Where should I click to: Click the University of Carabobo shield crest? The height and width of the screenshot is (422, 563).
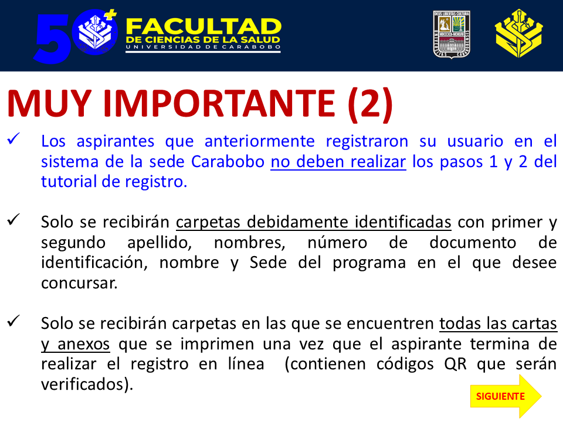click(x=452, y=34)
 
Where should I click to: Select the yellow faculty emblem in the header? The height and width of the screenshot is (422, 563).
click(x=518, y=34)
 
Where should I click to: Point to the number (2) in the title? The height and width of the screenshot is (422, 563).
click(x=370, y=104)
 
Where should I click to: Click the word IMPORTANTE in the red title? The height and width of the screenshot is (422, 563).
click(x=219, y=104)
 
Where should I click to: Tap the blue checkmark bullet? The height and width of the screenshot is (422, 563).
click(x=14, y=138)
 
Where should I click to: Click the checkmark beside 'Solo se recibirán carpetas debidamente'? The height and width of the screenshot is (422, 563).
click(x=14, y=219)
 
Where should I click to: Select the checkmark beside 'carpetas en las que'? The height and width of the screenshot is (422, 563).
click(x=14, y=321)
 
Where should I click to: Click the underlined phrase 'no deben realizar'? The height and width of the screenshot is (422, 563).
click(x=338, y=162)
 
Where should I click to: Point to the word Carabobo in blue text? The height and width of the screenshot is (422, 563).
click(x=228, y=162)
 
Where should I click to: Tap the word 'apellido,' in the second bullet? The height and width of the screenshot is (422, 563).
click(x=160, y=243)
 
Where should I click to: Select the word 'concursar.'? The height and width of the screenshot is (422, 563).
click(x=79, y=283)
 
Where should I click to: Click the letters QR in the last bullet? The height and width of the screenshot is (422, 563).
click(x=456, y=364)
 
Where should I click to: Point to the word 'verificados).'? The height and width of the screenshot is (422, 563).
click(x=87, y=384)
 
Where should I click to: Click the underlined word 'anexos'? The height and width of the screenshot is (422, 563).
click(x=84, y=344)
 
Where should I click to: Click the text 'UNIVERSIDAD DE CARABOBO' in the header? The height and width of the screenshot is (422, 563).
click(x=203, y=47)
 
